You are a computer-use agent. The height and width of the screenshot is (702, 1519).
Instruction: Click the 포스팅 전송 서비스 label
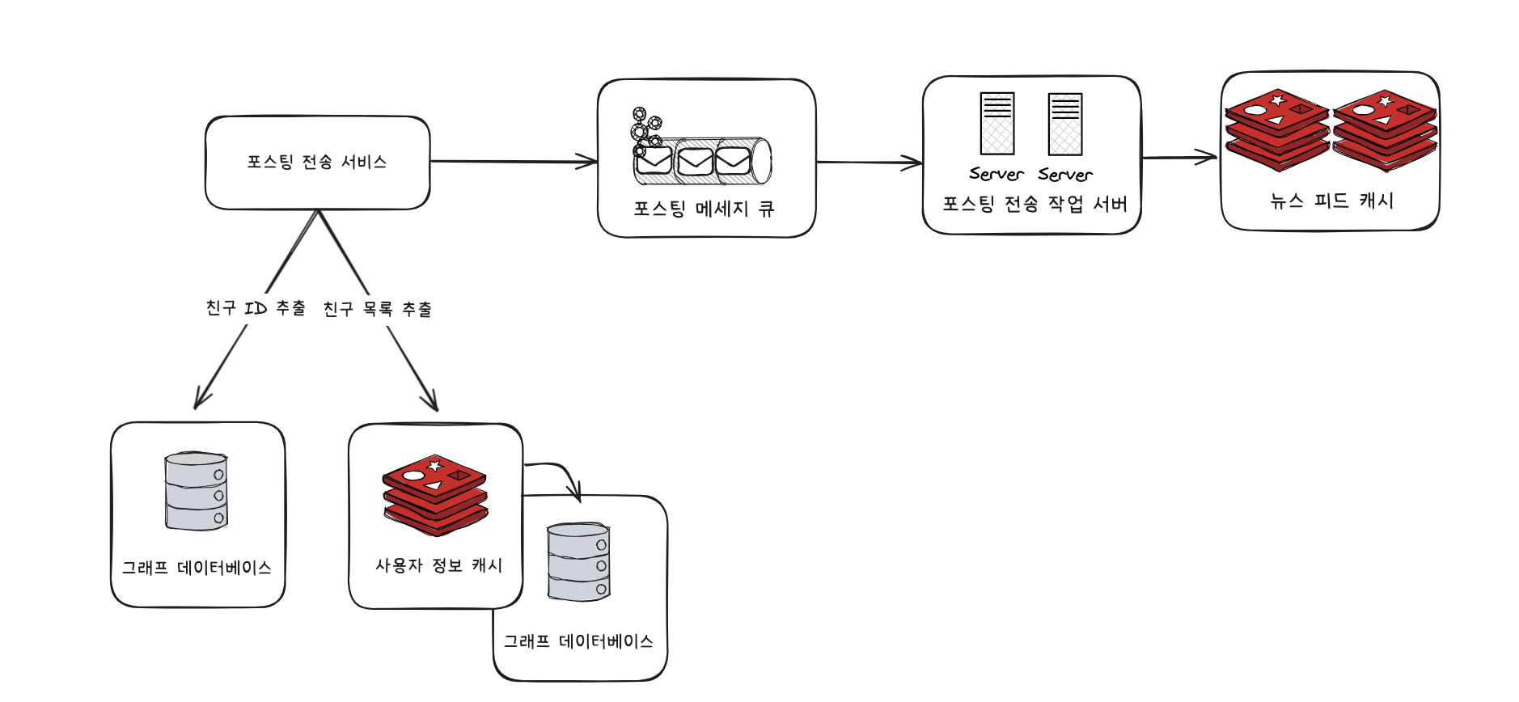pyautogui.click(x=317, y=162)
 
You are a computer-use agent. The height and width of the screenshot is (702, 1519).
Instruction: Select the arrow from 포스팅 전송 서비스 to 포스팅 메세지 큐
pyautogui.click(x=513, y=162)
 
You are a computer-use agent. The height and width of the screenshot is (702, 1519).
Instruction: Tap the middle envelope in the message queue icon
pyautogui.click(x=695, y=161)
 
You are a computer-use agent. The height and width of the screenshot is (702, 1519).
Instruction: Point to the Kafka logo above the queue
pyautogui.click(x=645, y=129)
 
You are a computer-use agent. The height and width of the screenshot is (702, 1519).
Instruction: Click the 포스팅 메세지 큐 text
pyautogui.click(x=704, y=209)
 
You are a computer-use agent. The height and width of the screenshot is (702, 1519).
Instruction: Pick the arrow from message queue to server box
pyautogui.click(x=869, y=163)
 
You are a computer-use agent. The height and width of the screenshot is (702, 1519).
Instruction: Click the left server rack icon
pyautogui.click(x=996, y=124)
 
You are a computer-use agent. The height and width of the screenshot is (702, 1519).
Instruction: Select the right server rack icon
pyautogui.click(x=1064, y=124)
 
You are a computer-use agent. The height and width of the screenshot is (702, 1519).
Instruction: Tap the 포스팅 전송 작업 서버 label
pyautogui.click(x=1035, y=204)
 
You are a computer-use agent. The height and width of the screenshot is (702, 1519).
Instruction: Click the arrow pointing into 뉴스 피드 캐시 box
pyautogui.click(x=1179, y=157)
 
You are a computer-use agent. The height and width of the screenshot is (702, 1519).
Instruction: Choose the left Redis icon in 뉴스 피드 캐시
pyautogui.click(x=1277, y=129)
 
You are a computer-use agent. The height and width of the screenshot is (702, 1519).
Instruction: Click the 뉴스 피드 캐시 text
pyautogui.click(x=1331, y=201)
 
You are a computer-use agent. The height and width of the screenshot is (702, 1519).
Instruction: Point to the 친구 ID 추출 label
pyautogui.click(x=256, y=308)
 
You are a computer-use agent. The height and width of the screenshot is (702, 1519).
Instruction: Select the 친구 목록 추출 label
pyautogui.click(x=377, y=309)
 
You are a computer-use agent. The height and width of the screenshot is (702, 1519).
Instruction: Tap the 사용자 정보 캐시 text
pyautogui.click(x=438, y=565)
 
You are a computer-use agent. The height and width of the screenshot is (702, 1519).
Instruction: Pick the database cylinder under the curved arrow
pyautogui.click(x=578, y=562)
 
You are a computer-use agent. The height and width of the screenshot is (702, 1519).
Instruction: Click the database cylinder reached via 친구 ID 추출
pyautogui.click(x=196, y=491)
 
